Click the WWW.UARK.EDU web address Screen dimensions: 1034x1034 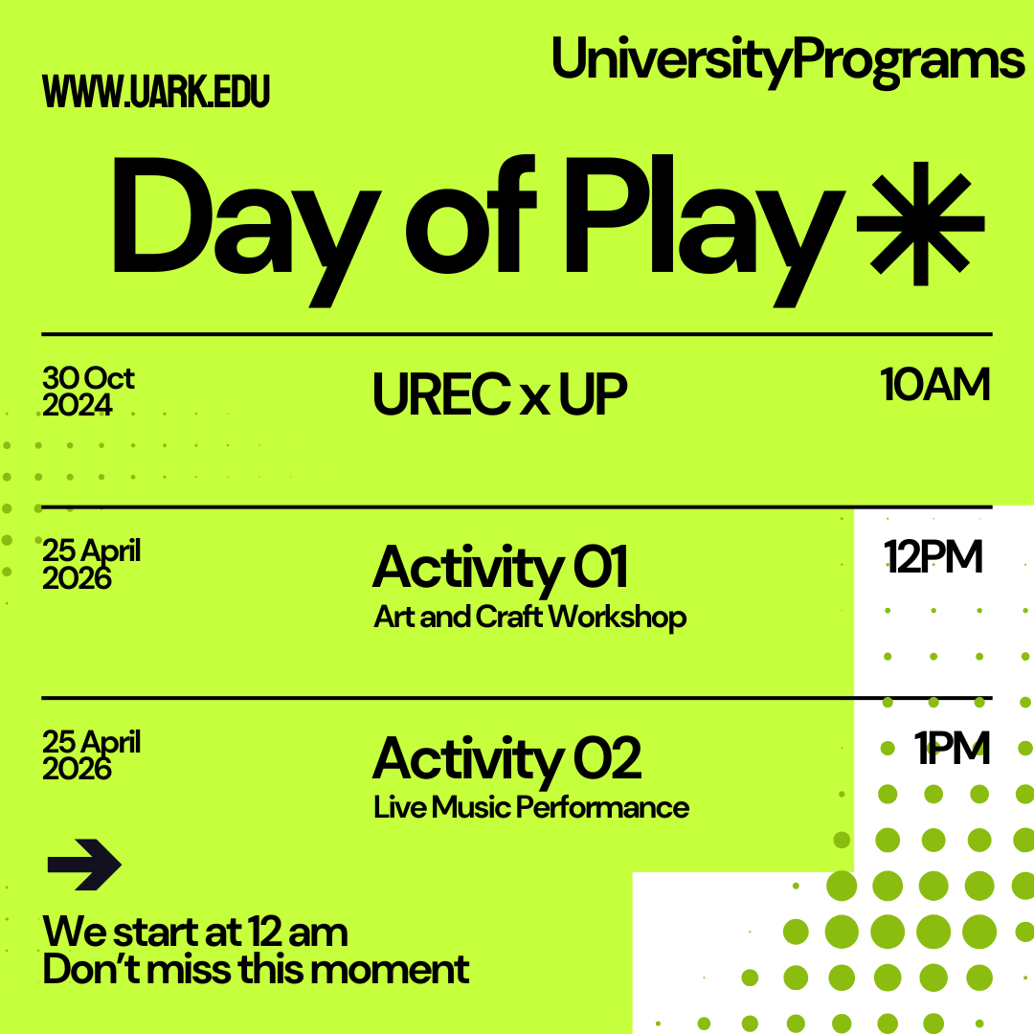pyautogui.click(x=156, y=91)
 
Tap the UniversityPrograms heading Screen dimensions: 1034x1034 pyautogui.click(x=787, y=59)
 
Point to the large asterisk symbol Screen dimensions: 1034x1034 pyautogui.click(x=920, y=222)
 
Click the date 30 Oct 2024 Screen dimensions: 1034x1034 pyautogui.click(x=88, y=392)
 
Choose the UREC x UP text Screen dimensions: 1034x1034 pyautogui.click(x=500, y=394)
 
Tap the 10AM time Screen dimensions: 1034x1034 pyautogui.click(x=934, y=385)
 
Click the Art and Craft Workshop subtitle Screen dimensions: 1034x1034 pyautogui.click(x=529, y=617)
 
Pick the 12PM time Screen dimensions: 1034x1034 pyautogui.click(x=933, y=557)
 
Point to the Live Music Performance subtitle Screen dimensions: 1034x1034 pyautogui.click(x=531, y=807)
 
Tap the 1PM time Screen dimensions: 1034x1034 pyautogui.click(x=951, y=749)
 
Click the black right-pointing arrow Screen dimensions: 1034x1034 pyautogui.click(x=84, y=865)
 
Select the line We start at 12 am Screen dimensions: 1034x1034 pyautogui.click(x=195, y=932)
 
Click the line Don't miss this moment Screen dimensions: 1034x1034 pyautogui.click(x=256, y=970)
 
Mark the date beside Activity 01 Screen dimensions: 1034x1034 pyautogui.click(x=91, y=564)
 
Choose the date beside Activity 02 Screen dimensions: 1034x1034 pyautogui.click(x=91, y=755)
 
